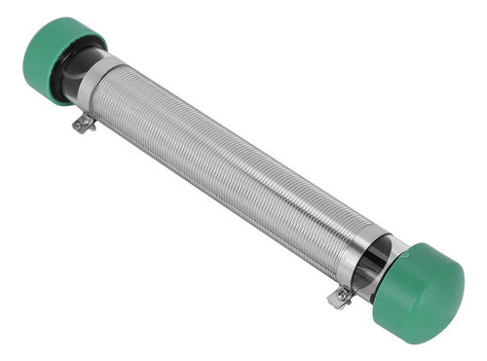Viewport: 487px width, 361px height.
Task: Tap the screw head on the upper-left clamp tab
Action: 83,124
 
